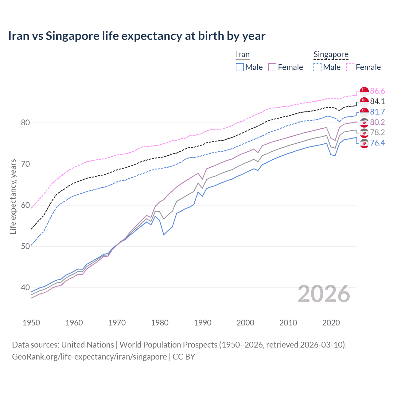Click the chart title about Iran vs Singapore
tap(137, 36)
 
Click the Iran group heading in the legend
tap(243, 55)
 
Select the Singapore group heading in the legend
tap(331, 55)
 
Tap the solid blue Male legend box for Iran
tap(240, 67)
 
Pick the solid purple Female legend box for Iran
tap(272, 67)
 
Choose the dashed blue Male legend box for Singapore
tap(317, 67)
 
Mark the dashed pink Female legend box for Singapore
tap(350, 67)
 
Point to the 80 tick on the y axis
tap(25, 123)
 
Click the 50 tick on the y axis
tap(25, 246)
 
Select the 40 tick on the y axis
tap(25, 288)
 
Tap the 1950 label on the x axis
tap(31, 323)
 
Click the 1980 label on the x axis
tap(160, 323)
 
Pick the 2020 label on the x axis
tap(331, 323)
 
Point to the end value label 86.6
tap(377, 91)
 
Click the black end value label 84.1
tap(377, 101)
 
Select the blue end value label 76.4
tap(377, 143)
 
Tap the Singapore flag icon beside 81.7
tap(364, 112)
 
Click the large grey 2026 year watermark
tap(324, 294)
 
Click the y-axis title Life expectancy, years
tap(13, 196)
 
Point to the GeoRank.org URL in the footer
tap(89, 357)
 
